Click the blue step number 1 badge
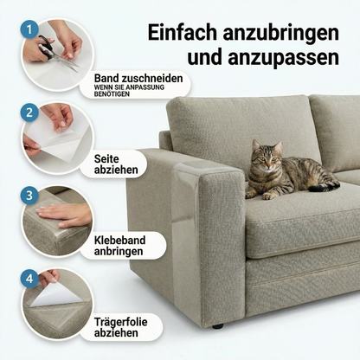point(29,29)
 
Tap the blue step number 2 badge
point(29,112)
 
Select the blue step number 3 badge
point(29,196)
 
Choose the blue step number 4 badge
point(29,279)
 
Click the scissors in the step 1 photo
point(55,52)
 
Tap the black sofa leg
point(217,326)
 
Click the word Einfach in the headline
point(182,33)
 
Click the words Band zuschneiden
point(138,78)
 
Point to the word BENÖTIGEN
point(112,94)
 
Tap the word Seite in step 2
point(106,159)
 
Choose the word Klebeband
point(119,240)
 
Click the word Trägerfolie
point(120,322)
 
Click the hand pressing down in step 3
point(64,215)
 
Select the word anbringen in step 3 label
point(119,251)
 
